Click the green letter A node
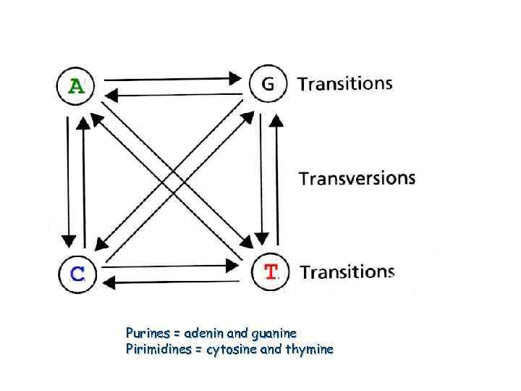75,86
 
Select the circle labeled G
268,84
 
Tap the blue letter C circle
77,273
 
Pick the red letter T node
271,272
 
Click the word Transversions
357,178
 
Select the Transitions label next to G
345,83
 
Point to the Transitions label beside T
347,272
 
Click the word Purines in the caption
147,334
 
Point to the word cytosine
230,350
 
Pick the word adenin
203,334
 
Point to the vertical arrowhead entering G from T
275,117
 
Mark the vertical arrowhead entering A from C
84,121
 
